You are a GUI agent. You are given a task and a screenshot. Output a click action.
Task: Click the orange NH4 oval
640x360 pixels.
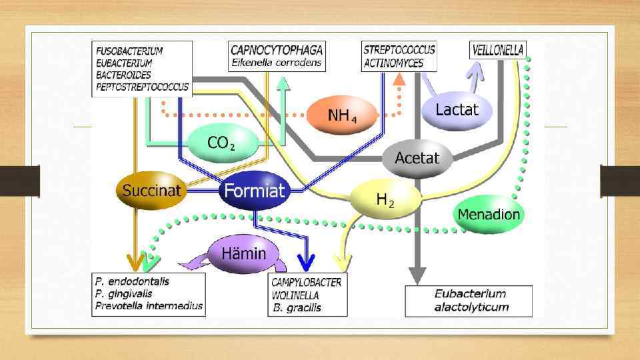342,115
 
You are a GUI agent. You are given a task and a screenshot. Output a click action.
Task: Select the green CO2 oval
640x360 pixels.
222,143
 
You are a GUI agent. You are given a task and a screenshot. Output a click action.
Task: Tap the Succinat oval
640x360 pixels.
151,191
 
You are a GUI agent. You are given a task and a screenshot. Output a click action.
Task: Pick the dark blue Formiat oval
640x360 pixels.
254,191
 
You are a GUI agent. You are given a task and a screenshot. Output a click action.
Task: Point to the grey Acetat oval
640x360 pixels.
417,159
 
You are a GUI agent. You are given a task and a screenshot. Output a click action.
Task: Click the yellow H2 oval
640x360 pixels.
385,199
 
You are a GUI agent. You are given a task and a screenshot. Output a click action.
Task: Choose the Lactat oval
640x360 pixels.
457,109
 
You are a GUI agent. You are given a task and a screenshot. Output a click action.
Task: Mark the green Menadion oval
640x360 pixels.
489,215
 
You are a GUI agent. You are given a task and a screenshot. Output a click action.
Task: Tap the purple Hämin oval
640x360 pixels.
243,253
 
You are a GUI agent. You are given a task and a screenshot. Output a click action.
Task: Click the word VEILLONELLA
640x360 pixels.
498,49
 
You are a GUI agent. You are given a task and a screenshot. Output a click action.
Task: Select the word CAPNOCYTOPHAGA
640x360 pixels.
277,50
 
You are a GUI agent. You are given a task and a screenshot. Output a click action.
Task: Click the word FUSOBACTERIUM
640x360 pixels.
129,51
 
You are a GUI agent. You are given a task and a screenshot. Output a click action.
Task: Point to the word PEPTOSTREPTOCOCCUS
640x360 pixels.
142,87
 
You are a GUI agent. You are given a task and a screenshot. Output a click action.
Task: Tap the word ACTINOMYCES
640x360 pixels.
393,63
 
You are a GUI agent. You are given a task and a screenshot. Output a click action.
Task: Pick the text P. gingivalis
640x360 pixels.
123,293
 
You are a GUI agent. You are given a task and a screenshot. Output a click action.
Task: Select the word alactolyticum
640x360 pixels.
471,307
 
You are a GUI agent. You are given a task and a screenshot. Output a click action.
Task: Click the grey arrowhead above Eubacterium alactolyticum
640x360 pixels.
417,275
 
